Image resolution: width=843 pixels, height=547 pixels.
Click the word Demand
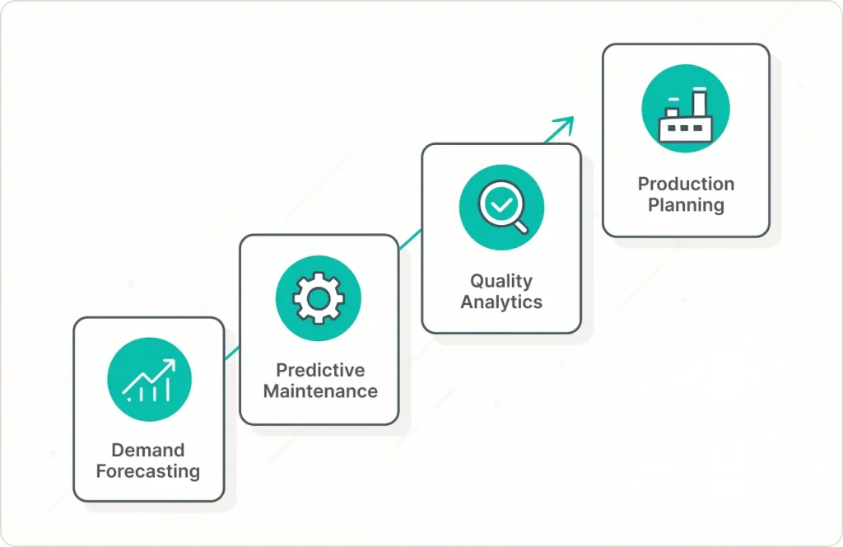(x=148, y=451)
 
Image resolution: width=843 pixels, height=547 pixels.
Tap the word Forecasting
(x=148, y=472)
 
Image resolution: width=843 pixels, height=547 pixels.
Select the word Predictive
(x=320, y=370)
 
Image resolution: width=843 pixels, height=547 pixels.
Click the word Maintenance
(x=320, y=391)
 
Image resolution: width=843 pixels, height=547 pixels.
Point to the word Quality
(x=501, y=281)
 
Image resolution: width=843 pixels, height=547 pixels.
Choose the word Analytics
(x=501, y=302)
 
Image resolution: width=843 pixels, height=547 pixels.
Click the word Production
(x=686, y=184)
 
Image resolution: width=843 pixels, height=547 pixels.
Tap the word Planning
(x=686, y=205)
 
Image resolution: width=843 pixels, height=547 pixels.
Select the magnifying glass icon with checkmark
(x=501, y=208)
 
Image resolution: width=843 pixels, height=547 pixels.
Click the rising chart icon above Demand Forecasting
(x=149, y=380)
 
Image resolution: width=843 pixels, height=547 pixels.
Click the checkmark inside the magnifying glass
(x=498, y=203)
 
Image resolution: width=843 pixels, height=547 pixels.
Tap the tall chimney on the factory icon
(x=699, y=102)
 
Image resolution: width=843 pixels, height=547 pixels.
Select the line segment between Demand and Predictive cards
(x=231, y=353)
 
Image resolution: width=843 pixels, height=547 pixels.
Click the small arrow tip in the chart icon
(x=170, y=363)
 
